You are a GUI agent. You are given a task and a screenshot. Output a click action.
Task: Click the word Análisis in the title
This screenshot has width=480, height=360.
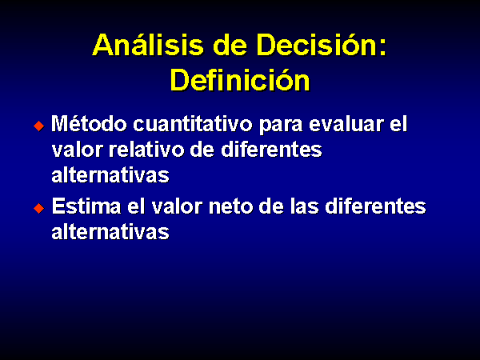[x=148, y=45]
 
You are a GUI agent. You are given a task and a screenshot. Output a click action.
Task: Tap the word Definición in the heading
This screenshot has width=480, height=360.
[x=240, y=79]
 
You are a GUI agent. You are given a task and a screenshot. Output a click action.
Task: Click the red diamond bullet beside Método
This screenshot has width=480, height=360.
[x=39, y=126]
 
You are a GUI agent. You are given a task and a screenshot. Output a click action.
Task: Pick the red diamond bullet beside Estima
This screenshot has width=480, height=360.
[x=39, y=208]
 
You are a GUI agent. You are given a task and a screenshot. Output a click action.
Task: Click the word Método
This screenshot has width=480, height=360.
[x=89, y=124]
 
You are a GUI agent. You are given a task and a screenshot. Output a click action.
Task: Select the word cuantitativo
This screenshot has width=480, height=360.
[x=193, y=124]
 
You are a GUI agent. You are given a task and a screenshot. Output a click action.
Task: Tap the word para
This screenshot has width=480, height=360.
[x=281, y=126]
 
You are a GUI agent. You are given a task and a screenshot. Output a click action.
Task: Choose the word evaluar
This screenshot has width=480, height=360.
[x=346, y=124]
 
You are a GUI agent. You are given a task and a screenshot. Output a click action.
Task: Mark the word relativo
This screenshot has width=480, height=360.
[x=146, y=150]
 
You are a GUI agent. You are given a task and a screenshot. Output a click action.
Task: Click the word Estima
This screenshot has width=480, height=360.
[x=86, y=206]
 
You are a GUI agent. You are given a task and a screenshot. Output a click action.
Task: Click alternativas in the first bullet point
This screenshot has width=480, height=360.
[x=110, y=175]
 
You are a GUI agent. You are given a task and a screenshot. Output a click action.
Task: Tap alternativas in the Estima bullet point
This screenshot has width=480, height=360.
[x=110, y=232]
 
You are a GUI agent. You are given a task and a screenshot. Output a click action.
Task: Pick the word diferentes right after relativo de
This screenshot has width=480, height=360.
[x=271, y=150]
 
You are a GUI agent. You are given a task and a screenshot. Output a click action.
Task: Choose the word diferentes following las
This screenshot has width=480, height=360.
[x=375, y=206]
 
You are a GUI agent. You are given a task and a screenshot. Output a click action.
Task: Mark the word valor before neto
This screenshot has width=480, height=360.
[x=177, y=206]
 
